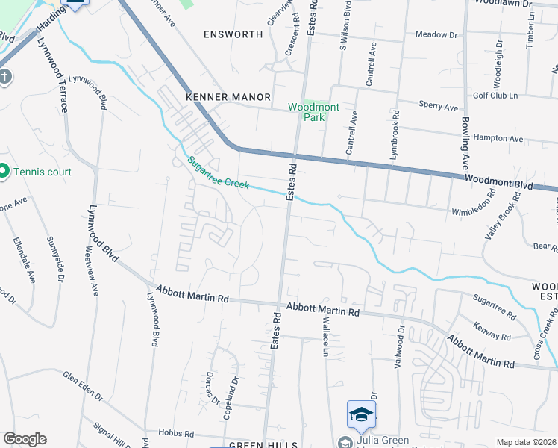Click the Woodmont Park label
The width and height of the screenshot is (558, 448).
[x=313, y=112]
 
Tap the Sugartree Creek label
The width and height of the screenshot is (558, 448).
[x=217, y=172]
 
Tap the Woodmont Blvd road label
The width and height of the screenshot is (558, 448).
[x=510, y=181]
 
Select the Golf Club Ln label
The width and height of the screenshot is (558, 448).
[x=495, y=96]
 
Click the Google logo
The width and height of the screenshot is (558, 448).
[x=25, y=438]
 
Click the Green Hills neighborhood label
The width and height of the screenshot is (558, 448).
[x=257, y=444]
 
